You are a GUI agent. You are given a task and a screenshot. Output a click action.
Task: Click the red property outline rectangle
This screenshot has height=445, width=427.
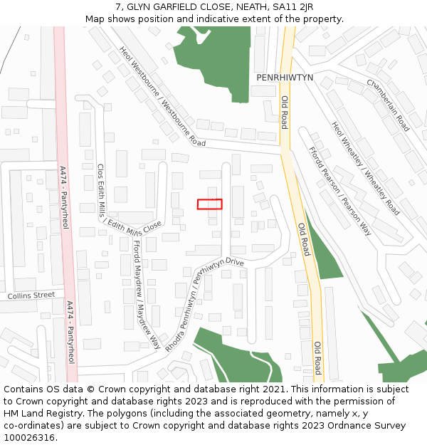(x=209, y=204)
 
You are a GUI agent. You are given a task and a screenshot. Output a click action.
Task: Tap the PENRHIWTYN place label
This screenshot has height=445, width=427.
(x=285, y=77)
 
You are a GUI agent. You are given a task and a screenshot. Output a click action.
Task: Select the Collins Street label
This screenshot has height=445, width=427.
(x=31, y=295)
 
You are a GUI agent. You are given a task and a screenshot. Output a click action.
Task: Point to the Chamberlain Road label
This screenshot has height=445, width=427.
(x=388, y=105)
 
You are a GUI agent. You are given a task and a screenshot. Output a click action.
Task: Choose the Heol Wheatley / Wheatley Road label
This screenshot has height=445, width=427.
(x=365, y=168)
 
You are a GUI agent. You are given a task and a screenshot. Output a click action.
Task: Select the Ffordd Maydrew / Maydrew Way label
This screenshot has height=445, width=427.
(x=146, y=293)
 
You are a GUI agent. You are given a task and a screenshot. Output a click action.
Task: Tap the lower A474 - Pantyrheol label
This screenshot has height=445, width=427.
(x=70, y=333)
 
